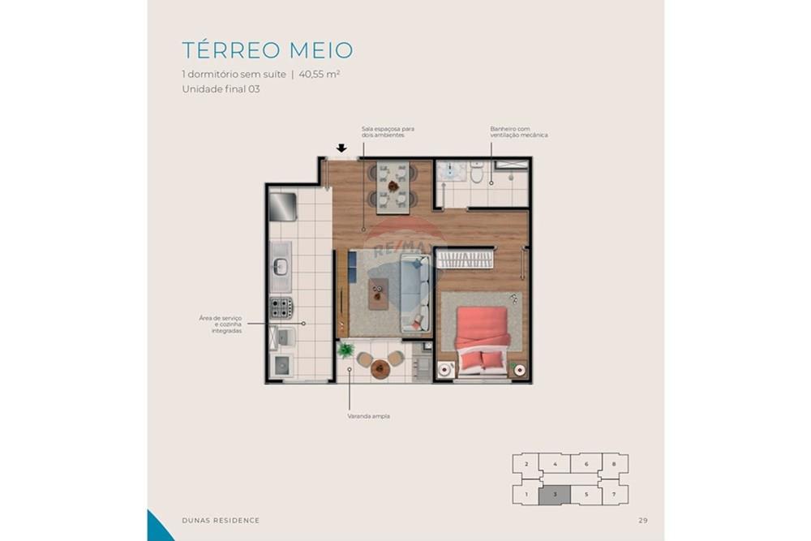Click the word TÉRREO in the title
pyautogui.click(x=231, y=50)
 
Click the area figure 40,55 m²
pyautogui.click(x=318, y=74)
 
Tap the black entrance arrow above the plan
pyautogui.click(x=341, y=148)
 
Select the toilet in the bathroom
pyautogui.click(x=477, y=174)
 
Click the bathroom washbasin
pyautogui.click(x=448, y=172)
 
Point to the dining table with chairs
pyautogui.click(x=393, y=187)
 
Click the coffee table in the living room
pyautogui.click(x=378, y=293)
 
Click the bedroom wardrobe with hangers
pyautogui.click(x=466, y=259)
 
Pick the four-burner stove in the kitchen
pyautogui.click(x=281, y=307)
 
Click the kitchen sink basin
pyautogui.click(x=281, y=266)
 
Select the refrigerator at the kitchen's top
pyautogui.click(x=282, y=206)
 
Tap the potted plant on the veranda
pyautogui.click(x=346, y=350)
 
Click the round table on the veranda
pyautogui.click(x=380, y=369)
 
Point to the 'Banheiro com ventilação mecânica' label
pyautogui.click(x=518, y=131)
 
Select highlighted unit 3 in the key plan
pyautogui.click(x=554, y=493)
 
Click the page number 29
pyautogui.click(x=642, y=520)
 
